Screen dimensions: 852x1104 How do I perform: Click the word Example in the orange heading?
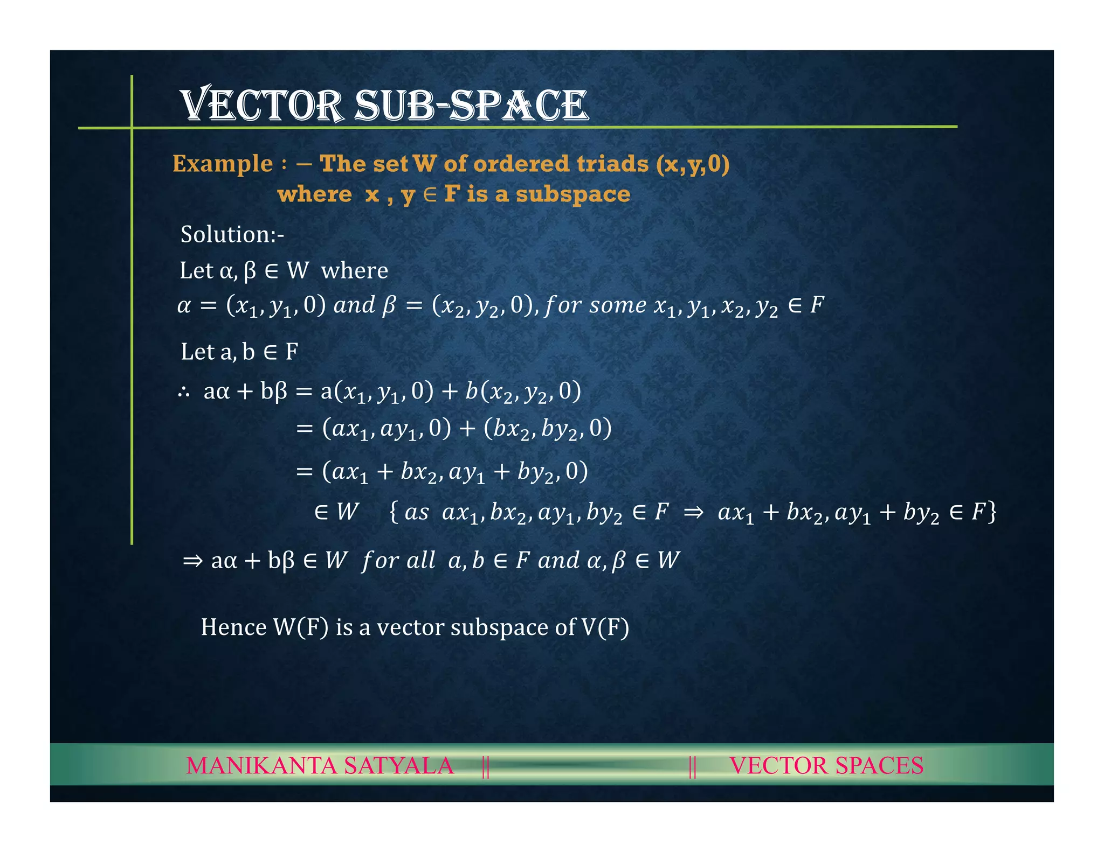[x=222, y=164]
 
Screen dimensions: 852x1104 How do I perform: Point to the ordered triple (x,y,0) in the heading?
[x=693, y=164]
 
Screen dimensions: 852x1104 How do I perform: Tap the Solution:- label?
[x=232, y=234]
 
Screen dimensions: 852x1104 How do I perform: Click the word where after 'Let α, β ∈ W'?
[x=354, y=270]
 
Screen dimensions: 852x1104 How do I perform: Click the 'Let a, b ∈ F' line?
[x=239, y=352]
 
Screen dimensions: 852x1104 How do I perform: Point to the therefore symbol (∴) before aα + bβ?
[x=184, y=392]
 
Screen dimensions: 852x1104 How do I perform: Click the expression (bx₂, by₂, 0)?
[x=547, y=429]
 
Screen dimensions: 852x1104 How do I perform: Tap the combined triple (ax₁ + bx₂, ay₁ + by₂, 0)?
[x=454, y=472]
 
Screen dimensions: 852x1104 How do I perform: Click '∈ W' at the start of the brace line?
[x=336, y=512]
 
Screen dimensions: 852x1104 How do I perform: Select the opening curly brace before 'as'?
[x=394, y=512]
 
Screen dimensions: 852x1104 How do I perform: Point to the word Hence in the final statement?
[x=233, y=627]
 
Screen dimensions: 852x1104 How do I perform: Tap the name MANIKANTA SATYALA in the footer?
[x=320, y=765]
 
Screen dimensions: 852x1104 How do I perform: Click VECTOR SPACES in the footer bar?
[x=826, y=765]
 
